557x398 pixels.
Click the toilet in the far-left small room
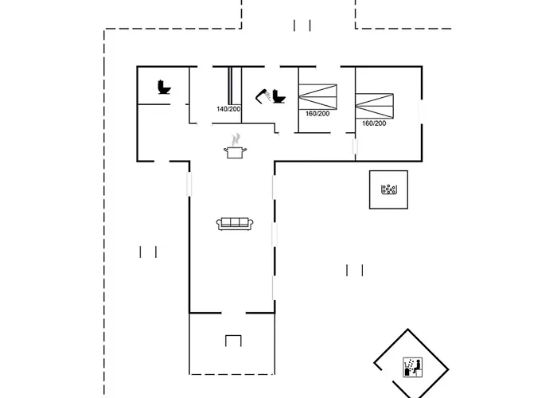[164, 87]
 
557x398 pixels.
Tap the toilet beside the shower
[279, 96]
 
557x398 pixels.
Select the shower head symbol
[263, 96]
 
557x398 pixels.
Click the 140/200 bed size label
[228, 109]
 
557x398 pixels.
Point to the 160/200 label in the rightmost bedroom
[374, 123]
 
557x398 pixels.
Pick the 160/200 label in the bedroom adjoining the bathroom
[317, 114]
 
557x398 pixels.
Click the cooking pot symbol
[236, 152]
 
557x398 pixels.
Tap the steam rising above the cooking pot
[236, 139]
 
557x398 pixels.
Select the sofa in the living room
[235, 224]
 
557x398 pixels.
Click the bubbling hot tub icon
[388, 189]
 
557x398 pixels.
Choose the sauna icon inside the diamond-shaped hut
[413, 367]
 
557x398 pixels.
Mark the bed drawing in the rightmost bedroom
[375, 106]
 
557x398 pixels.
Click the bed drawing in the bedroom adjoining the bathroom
[317, 96]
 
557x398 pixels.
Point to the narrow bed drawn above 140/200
[231, 86]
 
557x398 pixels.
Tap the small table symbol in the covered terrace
[233, 341]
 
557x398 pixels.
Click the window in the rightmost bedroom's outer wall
[422, 111]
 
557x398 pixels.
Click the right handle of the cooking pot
[244, 150]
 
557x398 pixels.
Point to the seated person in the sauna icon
[418, 367]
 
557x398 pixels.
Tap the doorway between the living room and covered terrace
[234, 313]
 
